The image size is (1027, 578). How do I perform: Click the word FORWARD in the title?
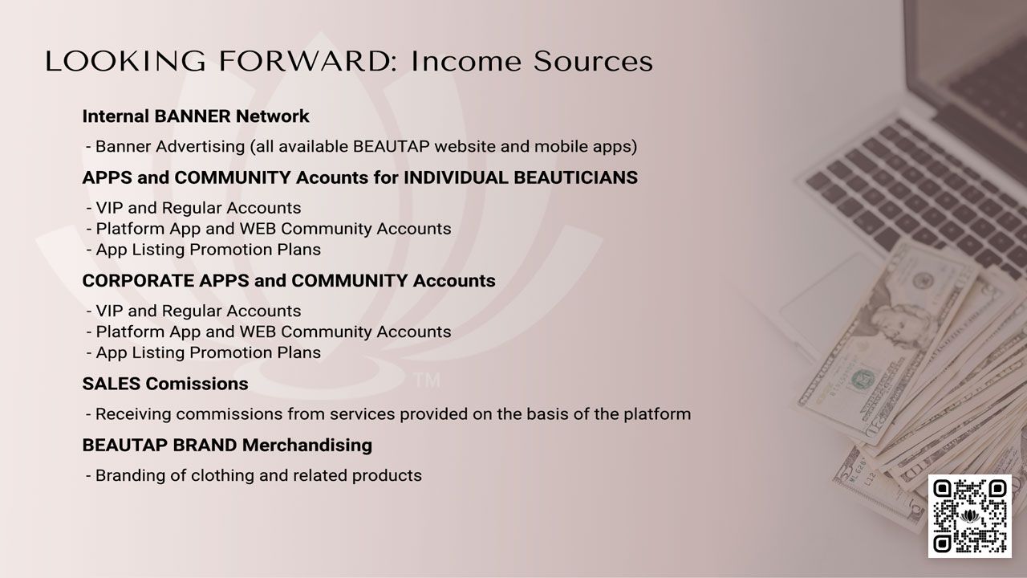coord(304,61)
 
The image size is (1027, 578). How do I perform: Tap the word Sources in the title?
coord(593,61)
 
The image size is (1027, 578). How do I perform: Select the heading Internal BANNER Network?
coord(196,116)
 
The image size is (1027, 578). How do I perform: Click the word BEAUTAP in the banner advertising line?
coord(391,146)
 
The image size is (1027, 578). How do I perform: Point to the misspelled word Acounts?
coord(332,177)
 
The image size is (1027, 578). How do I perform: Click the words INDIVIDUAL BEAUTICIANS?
coord(521,177)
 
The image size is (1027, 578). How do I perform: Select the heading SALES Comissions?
coord(165,384)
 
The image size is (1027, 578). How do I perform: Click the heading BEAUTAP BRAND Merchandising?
coord(227,445)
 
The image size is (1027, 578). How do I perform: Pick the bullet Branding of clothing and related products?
coord(254,475)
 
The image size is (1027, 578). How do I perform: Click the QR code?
coord(970,516)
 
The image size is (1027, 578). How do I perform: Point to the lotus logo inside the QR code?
coord(969,516)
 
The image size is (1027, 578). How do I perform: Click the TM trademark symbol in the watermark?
coord(427,381)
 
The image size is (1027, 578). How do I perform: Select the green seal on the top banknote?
coord(863,379)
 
